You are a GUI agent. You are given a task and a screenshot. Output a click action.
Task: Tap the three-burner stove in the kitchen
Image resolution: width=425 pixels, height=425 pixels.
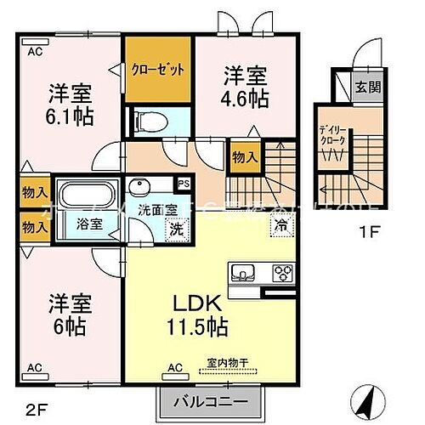pos(281,273)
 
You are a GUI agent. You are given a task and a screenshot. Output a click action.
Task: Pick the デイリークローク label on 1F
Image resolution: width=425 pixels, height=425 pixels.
pos(331,137)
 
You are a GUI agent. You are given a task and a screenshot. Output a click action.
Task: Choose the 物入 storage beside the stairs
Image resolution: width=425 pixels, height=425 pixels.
pos(243,158)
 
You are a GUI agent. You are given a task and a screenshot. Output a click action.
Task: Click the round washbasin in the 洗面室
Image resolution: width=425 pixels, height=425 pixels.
pos(139,188)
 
